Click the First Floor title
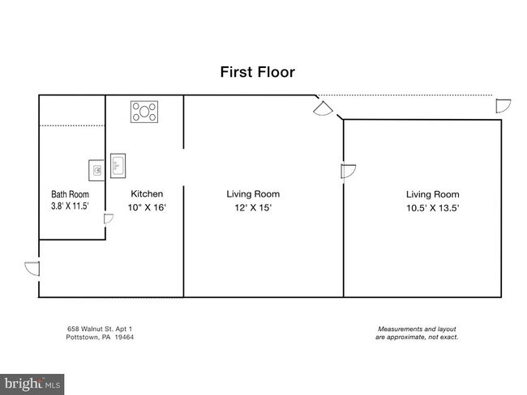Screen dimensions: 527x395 pyautogui.click(x=258, y=72)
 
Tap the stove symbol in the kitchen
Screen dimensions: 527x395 pyautogui.click(x=144, y=112)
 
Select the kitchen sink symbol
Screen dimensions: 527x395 pyautogui.click(x=118, y=166)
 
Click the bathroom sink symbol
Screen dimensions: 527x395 pyautogui.click(x=96, y=171)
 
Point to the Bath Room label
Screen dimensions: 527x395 pyautogui.click(x=70, y=194)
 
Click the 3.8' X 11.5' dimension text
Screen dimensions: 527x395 pyautogui.click(x=70, y=206)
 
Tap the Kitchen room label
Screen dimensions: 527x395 pyautogui.click(x=147, y=194)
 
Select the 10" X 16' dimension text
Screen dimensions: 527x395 pyautogui.click(x=147, y=207)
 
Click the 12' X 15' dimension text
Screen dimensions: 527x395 pyautogui.click(x=253, y=208)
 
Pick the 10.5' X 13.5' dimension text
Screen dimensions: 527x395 pyautogui.click(x=433, y=208)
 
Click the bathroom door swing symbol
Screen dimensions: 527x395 pyautogui.click(x=108, y=219)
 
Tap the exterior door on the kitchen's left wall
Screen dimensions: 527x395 pyautogui.click(x=32, y=269)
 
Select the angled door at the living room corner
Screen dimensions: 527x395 pyautogui.click(x=323, y=109)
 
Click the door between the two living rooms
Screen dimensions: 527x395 pyautogui.click(x=348, y=171)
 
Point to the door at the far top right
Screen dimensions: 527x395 pyautogui.click(x=503, y=106)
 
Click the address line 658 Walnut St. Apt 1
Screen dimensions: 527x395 pyautogui.click(x=100, y=329)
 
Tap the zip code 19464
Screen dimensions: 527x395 pyautogui.click(x=124, y=337)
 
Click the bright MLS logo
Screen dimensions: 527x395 pyautogui.click(x=32, y=384)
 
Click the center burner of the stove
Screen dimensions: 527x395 pyautogui.click(x=144, y=112)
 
